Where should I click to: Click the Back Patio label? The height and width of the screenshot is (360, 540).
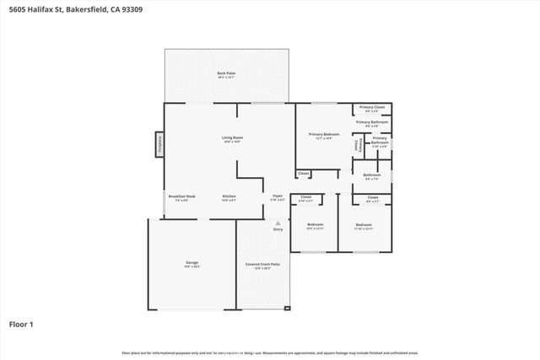click(226, 73)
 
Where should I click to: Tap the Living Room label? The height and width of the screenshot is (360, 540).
click(233, 137)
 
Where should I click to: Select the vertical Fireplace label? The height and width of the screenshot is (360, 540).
click(159, 144)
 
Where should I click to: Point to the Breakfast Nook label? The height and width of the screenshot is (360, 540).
click(182, 196)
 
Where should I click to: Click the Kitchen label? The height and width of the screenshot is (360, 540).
click(229, 196)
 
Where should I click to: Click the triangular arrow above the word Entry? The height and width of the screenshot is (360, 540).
click(278, 223)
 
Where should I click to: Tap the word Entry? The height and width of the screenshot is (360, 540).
click(278, 229)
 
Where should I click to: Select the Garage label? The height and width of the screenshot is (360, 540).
click(192, 263)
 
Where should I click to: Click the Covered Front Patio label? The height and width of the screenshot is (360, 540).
click(262, 264)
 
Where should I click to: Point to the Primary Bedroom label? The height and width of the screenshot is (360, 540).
click(324, 135)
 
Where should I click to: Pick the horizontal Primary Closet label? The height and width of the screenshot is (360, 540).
click(372, 107)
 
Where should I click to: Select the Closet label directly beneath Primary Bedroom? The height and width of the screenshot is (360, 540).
click(304, 174)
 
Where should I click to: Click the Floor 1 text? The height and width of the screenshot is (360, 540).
click(20, 324)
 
